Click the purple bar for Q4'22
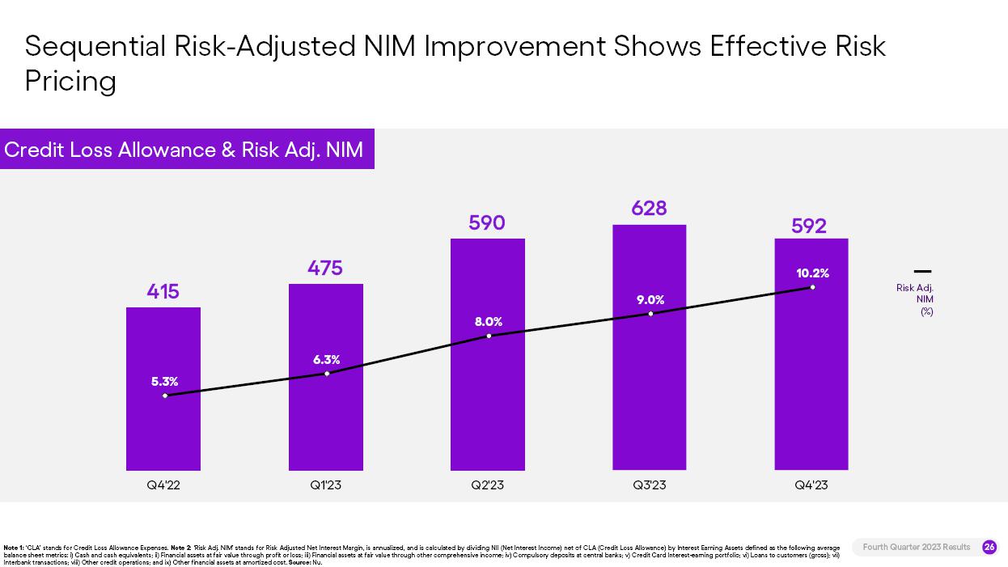pyautogui.click(x=163, y=429)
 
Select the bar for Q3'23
pyautogui.click(x=649, y=388)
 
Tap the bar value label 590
pyautogui.click(x=487, y=222)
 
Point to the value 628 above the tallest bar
pyautogui.click(x=649, y=208)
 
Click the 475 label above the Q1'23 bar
pyautogui.click(x=325, y=268)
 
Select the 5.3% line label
pyautogui.click(x=164, y=382)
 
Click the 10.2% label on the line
pyautogui.click(x=812, y=273)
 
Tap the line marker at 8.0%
pyautogui.click(x=489, y=336)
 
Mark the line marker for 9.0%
pyautogui.click(x=650, y=314)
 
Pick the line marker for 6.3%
pyautogui.click(x=327, y=374)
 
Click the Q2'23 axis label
pyautogui.click(x=487, y=485)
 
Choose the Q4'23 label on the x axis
pyautogui.click(x=811, y=485)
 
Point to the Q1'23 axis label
pyautogui.click(x=325, y=485)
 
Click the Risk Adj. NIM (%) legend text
pyautogui.click(x=916, y=299)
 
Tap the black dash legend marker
pyautogui.click(x=922, y=272)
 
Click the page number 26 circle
pyautogui.click(x=989, y=548)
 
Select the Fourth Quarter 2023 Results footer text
pyautogui.click(x=916, y=548)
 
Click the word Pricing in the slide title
pyautogui.click(x=70, y=81)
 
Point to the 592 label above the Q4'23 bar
pyautogui.click(x=809, y=226)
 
